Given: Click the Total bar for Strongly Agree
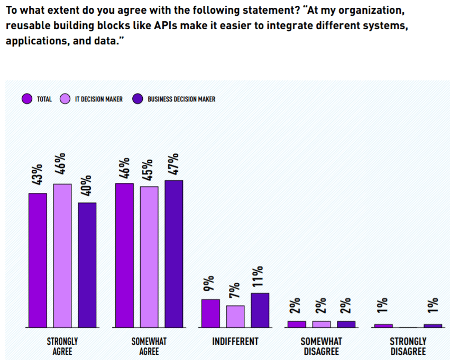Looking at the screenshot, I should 38,260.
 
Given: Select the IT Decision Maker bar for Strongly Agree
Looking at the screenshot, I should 62,255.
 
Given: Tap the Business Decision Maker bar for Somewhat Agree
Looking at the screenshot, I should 173,254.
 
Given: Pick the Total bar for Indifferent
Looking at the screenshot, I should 210,313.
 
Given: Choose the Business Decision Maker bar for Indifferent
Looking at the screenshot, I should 260,310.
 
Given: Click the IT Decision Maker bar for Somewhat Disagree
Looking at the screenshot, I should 322,324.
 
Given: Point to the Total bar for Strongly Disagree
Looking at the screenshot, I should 383,326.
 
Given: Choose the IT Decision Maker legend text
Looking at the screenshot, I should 98,99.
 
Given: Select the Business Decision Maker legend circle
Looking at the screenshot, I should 137,99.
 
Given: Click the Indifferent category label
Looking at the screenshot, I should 235,341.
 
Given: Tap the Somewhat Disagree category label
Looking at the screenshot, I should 322,346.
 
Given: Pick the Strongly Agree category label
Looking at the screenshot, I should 62,346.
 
